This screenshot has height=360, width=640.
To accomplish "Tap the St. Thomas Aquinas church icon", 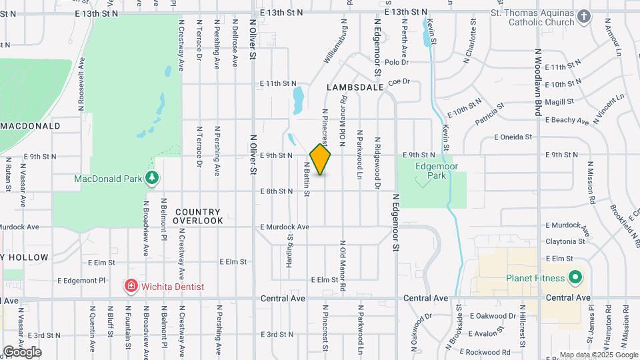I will tap(584, 17).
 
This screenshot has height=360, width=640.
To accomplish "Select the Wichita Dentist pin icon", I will tap(132, 287).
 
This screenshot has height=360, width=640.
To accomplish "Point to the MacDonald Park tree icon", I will tap(153, 178).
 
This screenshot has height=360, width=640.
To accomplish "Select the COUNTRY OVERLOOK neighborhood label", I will tap(199, 216).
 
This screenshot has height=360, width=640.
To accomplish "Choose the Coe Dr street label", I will tap(397, 81).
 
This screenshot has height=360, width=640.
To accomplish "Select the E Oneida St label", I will tap(513, 137).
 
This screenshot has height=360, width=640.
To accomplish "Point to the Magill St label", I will tap(559, 101).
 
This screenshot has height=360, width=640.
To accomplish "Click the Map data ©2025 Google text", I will tap(597, 355).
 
